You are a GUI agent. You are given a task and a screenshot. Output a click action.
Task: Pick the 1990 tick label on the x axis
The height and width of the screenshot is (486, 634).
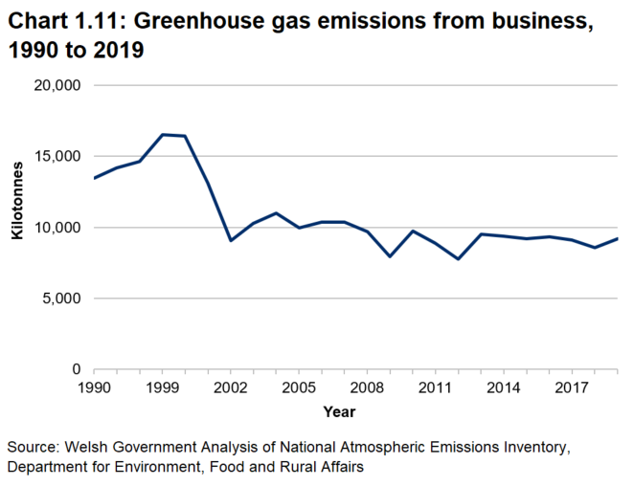[94, 387]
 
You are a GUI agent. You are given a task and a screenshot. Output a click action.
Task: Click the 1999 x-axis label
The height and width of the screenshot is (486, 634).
[163, 387]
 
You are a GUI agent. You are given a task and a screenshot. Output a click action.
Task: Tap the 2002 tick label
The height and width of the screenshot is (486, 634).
[231, 387]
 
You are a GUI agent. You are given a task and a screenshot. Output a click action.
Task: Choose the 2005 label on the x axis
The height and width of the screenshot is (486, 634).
[299, 387]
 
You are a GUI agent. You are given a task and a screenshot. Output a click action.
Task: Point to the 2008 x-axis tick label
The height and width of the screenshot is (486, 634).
[367, 387]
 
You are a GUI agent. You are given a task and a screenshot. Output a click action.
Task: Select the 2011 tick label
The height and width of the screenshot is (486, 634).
[435, 387]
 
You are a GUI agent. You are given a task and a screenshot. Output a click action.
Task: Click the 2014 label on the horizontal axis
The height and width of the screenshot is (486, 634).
[503, 387]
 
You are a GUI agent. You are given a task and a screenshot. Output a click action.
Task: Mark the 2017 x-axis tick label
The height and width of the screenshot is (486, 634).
[572, 387]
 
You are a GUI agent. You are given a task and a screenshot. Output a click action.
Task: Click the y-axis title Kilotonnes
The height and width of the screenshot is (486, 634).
[16, 228]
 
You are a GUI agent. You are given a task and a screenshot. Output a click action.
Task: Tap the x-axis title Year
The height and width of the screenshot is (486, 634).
[339, 412]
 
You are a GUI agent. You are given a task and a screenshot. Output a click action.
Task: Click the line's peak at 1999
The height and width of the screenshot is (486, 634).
[163, 135]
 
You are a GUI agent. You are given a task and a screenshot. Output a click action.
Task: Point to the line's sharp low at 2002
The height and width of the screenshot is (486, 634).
[231, 240]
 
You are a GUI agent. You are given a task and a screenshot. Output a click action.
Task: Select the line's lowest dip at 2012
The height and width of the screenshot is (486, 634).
[458, 259]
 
